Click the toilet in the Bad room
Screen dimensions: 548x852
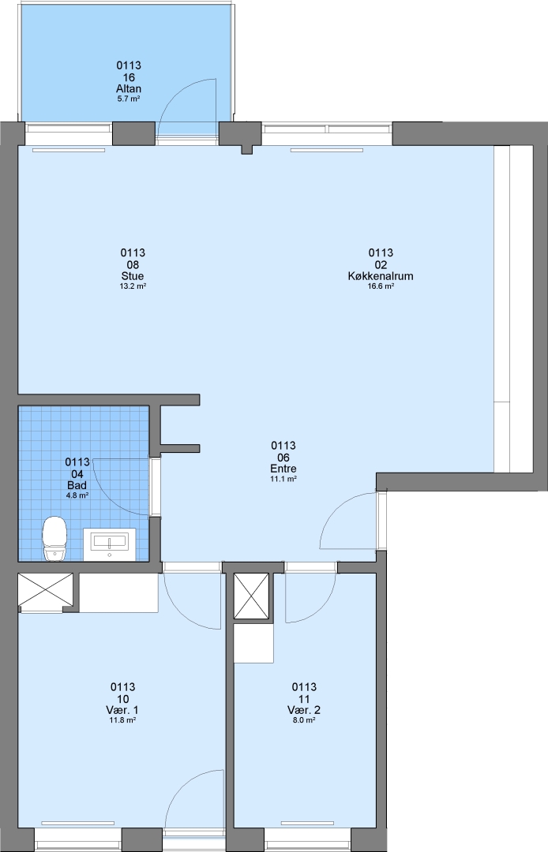(54, 539)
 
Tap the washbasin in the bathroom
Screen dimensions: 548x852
(109, 544)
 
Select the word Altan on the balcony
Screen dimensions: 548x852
(129, 88)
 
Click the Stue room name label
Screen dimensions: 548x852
(133, 276)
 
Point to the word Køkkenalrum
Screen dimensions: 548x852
(381, 276)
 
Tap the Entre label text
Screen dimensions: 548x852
(283, 469)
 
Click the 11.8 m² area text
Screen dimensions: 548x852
(122, 720)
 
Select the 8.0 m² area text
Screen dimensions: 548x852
(304, 720)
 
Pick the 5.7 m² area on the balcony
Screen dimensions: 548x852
(129, 99)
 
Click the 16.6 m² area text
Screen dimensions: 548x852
(381, 286)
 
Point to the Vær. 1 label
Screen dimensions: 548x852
(122, 711)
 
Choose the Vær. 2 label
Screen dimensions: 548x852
(304, 711)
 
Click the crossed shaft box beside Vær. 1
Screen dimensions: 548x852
(46, 589)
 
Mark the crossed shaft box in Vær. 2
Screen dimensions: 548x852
(251, 596)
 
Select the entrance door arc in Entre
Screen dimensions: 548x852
(337, 509)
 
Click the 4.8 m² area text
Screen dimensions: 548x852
(77, 495)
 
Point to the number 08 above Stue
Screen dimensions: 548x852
(133, 264)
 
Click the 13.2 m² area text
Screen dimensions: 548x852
(133, 286)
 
